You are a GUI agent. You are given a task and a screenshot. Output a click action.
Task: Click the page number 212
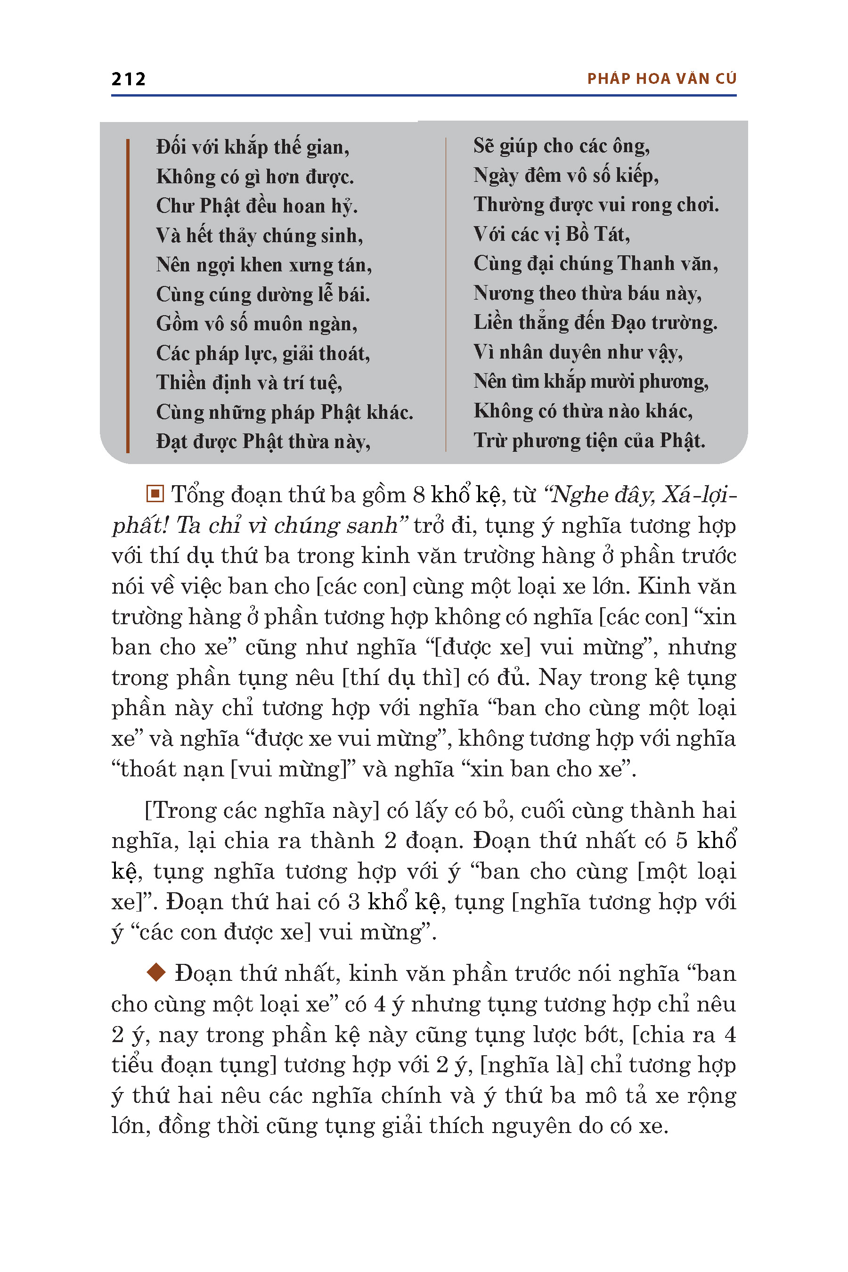pos(128,79)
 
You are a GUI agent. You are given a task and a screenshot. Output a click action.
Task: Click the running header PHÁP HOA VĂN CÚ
pos(661,79)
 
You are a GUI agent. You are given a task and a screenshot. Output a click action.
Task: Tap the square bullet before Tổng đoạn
pos(155,493)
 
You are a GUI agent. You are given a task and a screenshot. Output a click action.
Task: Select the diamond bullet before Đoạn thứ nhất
pos(156,972)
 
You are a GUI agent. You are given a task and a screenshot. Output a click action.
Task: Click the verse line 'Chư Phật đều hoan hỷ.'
pos(256,206)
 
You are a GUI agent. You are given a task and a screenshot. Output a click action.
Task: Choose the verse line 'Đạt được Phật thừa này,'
pos(263,441)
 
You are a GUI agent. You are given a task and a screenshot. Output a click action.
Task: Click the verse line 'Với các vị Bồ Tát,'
pos(551,234)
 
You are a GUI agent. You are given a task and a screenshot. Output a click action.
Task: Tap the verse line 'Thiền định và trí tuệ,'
pos(249,383)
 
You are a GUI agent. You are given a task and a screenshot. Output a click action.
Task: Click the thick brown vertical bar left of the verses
pos(128,295)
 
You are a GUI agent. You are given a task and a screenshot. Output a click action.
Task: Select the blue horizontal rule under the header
pos(424,95)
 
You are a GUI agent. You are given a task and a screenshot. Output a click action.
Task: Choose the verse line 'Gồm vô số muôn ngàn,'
pos(256,323)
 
